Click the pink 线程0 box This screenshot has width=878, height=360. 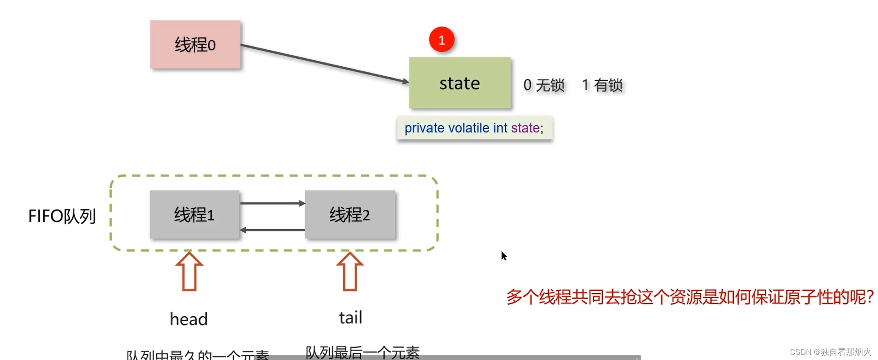click(x=195, y=45)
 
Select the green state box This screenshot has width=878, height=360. click(x=460, y=83)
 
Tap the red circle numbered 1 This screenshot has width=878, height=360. click(x=442, y=40)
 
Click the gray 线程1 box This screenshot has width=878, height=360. click(x=194, y=215)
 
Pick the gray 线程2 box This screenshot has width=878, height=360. click(x=350, y=215)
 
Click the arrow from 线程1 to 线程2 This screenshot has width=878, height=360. click(x=272, y=203)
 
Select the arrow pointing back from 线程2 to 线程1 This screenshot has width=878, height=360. click(x=272, y=230)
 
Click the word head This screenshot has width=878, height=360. click(x=189, y=319)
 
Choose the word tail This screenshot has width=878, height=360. click(x=351, y=317)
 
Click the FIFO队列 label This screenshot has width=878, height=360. click(x=62, y=216)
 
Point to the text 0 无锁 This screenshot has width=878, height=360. click(x=544, y=85)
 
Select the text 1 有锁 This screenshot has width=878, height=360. click(x=602, y=85)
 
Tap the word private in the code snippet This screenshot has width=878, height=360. click(x=424, y=128)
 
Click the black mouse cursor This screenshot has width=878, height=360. click(x=504, y=256)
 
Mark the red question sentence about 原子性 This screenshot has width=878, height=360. click(x=690, y=297)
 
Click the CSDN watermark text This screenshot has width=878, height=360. click(x=830, y=352)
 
